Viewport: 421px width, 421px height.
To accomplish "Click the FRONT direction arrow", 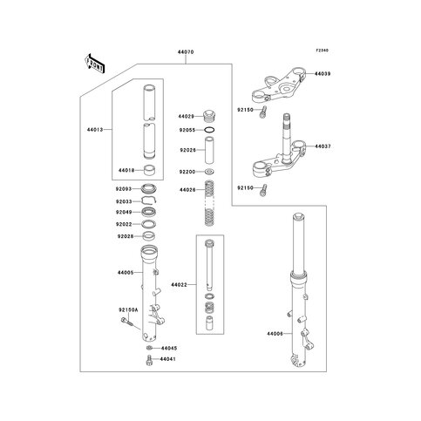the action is click(x=95, y=64).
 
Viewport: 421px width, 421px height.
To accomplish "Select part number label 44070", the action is click(x=186, y=52).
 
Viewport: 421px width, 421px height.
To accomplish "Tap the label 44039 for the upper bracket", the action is click(x=323, y=74).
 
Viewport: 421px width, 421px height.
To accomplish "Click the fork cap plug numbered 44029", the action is click(x=209, y=116).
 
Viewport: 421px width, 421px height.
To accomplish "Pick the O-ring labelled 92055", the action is click(x=209, y=130).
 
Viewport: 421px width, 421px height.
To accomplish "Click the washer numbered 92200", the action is click(x=209, y=172).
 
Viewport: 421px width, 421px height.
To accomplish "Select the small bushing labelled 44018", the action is click(x=150, y=170).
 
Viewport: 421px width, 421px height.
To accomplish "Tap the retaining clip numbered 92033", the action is click(x=149, y=200).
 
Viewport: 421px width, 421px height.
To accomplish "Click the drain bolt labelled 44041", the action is click(x=149, y=360).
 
